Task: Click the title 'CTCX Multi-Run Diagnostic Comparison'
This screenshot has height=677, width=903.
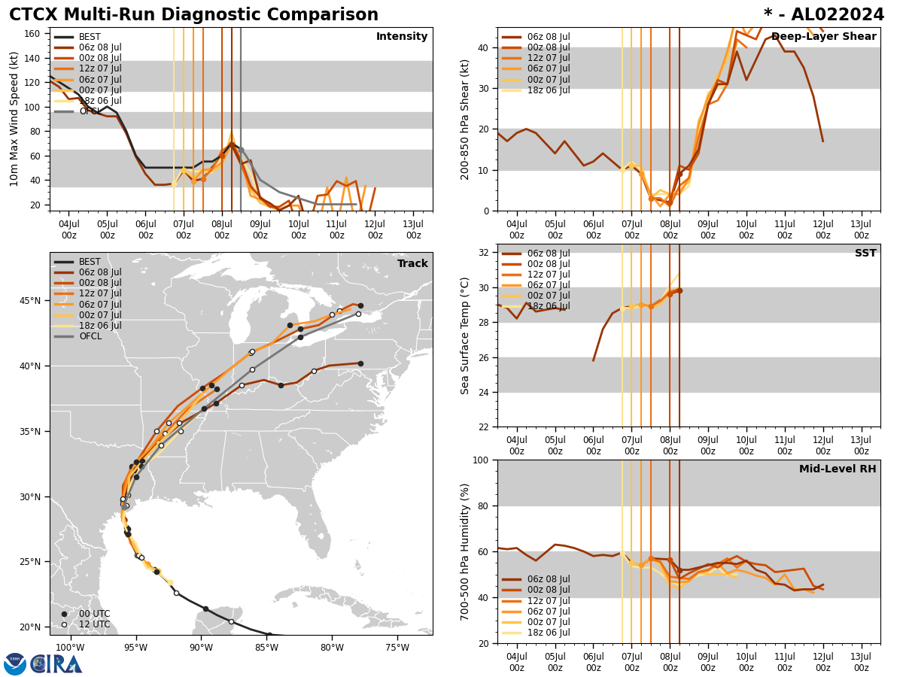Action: [x=193, y=15]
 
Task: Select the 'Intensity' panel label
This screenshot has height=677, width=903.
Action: [x=402, y=37]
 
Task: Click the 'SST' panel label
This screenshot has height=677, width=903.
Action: [x=865, y=253]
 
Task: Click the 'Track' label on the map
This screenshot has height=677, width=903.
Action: [x=412, y=264]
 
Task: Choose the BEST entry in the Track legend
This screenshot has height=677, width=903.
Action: [x=90, y=262]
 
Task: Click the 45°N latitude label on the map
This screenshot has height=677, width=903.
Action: [x=31, y=301]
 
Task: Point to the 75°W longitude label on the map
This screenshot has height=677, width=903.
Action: [x=397, y=648]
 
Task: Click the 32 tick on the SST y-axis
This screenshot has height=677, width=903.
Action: [x=485, y=253]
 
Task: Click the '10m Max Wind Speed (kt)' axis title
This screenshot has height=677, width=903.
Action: [x=14, y=119]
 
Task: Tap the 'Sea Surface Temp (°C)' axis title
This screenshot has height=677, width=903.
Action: [x=465, y=335]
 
